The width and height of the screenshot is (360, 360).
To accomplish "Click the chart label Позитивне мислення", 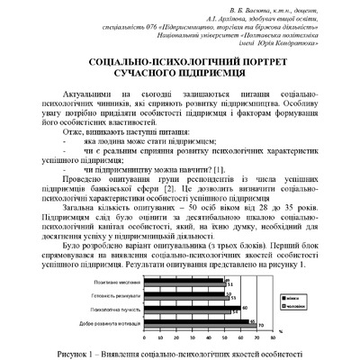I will tap(115, 282).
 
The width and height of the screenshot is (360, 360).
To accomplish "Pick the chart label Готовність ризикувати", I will tap(114, 294).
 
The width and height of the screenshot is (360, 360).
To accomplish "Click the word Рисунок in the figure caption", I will tap(82, 353).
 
